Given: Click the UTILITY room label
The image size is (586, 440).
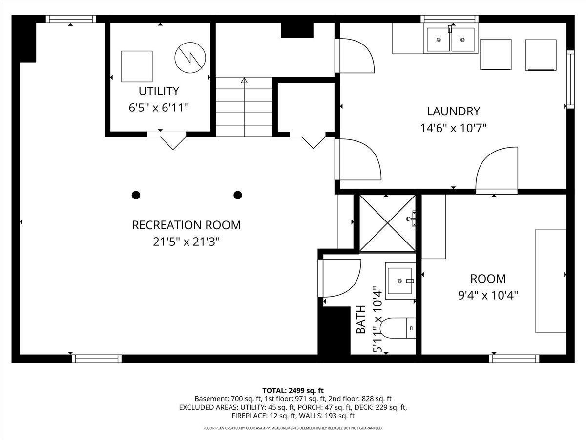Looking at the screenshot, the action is (x=159, y=91).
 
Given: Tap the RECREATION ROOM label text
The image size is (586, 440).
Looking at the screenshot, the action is (x=187, y=225).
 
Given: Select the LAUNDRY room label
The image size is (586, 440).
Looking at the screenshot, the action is (x=453, y=111).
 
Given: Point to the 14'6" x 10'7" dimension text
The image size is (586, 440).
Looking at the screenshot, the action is (x=453, y=128).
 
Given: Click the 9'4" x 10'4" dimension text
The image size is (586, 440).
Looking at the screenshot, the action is (x=488, y=295).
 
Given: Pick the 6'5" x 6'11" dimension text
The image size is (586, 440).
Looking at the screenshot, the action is (x=159, y=108).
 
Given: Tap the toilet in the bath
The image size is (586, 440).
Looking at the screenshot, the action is (x=398, y=328).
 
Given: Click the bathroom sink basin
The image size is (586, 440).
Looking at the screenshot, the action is (x=399, y=281).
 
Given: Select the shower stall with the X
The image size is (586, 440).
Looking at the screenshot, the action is (x=387, y=223).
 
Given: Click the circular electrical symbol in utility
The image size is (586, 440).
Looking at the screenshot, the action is (x=190, y=57).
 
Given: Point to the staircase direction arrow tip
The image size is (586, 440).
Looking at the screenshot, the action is (x=244, y=78).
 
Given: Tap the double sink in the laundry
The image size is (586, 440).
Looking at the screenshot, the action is (x=450, y=39).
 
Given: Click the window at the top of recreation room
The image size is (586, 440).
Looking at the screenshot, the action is (x=71, y=19).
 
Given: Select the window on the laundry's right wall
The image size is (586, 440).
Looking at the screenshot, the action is (x=570, y=79).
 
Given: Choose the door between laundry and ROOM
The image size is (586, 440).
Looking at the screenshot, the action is (x=497, y=170).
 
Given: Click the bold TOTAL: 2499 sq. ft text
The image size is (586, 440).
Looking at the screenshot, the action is (x=293, y=391).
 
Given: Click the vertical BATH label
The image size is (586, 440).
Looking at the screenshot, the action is (x=361, y=319).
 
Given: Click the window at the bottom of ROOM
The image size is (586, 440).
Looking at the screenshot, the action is (x=514, y=359).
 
